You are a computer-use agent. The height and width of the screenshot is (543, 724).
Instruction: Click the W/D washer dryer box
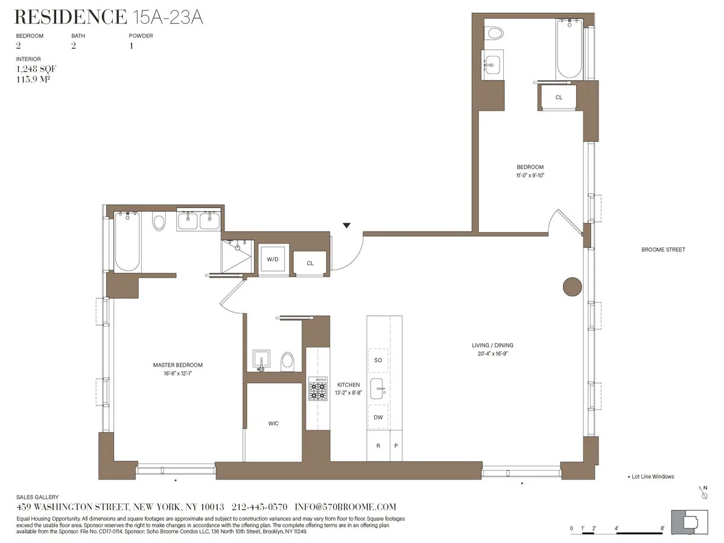click(x=273, y=259)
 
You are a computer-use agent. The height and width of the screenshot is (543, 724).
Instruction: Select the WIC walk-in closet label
click(x=273, y=424)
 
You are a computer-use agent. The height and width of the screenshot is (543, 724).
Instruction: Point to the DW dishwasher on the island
click(x=378, y=418)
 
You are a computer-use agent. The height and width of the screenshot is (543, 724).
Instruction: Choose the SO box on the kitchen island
click(x=378, y=360)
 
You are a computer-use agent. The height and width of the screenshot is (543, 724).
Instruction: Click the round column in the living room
click(x=572, y=287)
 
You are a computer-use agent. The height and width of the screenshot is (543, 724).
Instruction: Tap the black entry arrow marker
click(x=346, y=226)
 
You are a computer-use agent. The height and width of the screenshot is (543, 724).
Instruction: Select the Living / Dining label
click(x=492, y=346)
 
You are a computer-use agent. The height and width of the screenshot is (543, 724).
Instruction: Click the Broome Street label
click(x=663, y=250)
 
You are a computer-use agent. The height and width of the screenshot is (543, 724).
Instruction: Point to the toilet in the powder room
click(x=288, y=361)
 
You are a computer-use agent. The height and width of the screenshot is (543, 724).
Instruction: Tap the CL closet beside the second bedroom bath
click(x=559, y=97)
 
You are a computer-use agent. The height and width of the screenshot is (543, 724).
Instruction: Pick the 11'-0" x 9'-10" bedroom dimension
click(x=530, y=176)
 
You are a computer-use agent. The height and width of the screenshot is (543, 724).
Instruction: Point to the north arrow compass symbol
click(x=703, y=492)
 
